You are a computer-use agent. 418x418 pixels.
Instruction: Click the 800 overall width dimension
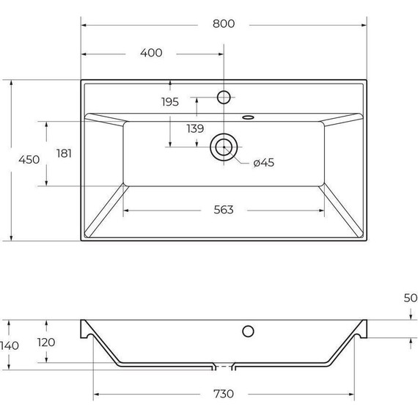pos(224,23)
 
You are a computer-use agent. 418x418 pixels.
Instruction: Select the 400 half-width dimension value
pos(150,53)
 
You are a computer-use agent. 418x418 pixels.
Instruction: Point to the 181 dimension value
pos(64,153)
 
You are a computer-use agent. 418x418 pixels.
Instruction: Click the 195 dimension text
pos(170,102)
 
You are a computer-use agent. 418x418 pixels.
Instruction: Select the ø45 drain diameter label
pos(263,163)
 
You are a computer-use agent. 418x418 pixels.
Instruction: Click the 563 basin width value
pos(224,210)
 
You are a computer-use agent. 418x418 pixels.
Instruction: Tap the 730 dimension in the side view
pos(224,394)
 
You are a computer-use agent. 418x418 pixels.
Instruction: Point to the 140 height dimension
pos(10,346)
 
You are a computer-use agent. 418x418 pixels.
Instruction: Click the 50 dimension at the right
pos(410,298)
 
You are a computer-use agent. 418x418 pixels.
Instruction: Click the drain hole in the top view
pos(224,147)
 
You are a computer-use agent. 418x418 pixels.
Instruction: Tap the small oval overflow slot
pos(248,115)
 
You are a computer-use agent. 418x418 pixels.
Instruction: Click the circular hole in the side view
pos(248,330)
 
